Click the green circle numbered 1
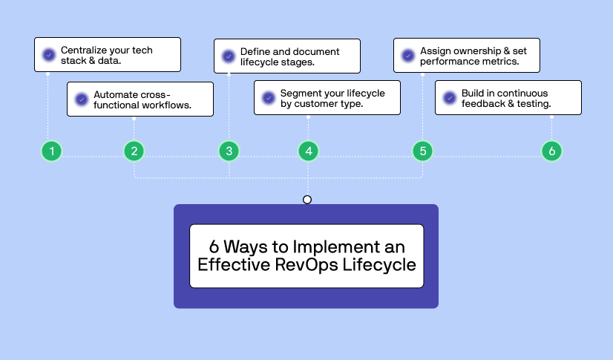pyautogui.click(x=52, y=151)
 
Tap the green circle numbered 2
pyautogui.click(x=134, y=151)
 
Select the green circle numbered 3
pyautogui.click(x=229, y=151)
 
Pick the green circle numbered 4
pyautogui.click(x=309, y=151)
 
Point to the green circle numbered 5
pyautogui.click(x=422, y=151)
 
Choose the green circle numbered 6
pyautogui.click(x=551, y=151)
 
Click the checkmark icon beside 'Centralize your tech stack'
pyautogui.click(x=49, y=55)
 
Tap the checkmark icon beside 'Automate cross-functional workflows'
pyautogui.click(x=82, y=99)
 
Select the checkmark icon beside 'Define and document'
pyautogui.click(x=229, y=56)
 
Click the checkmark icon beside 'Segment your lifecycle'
pyautogui.click(x=269, y=98)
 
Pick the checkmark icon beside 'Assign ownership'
pyautogui.click(x=407, y=56)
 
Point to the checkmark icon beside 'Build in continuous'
pyautogui.click(x=450, y=98)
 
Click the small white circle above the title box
pyautogui.click(x=307, y=200)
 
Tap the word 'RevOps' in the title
pyautogui.click(x=306, y=266)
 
